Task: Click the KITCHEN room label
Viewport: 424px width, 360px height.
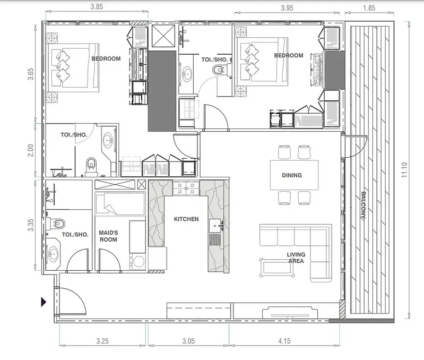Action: click(186, 219)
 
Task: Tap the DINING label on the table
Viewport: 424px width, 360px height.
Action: click(292, 175)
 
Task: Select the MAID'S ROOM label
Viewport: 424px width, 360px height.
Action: click(108, 236)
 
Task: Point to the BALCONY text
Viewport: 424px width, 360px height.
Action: click(363, 205)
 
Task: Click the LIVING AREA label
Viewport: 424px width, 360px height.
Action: click(296, 258)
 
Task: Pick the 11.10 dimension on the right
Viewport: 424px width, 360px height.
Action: click(404, 170)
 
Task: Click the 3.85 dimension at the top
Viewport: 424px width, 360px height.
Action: click(97, 6)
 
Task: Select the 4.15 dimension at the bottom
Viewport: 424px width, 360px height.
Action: click(284, 341)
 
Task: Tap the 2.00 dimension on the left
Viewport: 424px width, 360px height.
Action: click(31, 150)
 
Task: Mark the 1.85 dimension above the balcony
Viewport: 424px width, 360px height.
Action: click(369, 8)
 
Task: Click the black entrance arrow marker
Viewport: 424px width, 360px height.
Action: click(44, 302)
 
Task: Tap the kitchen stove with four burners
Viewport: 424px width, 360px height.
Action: click(186, 188)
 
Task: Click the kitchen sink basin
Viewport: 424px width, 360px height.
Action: click(215, 226)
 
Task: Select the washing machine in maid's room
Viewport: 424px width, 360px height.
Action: click(139, 261)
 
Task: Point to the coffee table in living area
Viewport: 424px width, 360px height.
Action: click(277, 268)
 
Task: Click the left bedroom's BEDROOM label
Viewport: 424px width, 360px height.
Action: click(106, 59)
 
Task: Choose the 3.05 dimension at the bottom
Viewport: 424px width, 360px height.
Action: click(188, 341)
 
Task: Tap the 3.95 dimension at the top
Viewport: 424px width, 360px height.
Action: click(287, 8)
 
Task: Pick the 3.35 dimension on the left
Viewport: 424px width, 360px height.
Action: click(31, 225)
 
